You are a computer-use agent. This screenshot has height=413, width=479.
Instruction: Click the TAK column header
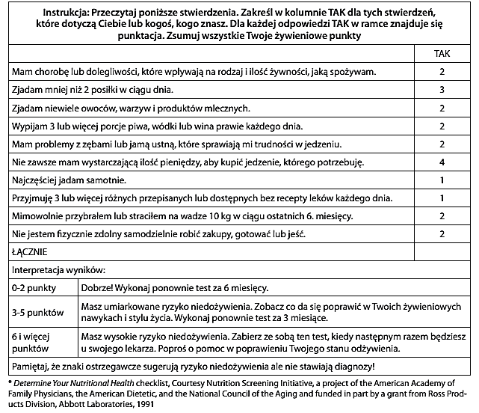[x=442, y=55]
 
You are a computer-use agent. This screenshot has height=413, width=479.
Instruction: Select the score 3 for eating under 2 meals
[x=442, y=90]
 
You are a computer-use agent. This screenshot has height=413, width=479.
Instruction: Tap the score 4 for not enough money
[x=442, y=162]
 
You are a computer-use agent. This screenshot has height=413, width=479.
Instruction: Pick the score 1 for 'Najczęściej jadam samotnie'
[x=442, y=180]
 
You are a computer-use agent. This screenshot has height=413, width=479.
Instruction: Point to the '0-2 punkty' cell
[x=33, y=287]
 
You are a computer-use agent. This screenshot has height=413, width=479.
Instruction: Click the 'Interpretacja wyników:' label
[x=58, y=269]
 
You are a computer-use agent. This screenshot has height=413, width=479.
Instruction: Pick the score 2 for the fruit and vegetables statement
[x=442, y=108]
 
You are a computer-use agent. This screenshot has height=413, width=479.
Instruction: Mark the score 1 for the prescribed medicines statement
[x=442, y=198]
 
